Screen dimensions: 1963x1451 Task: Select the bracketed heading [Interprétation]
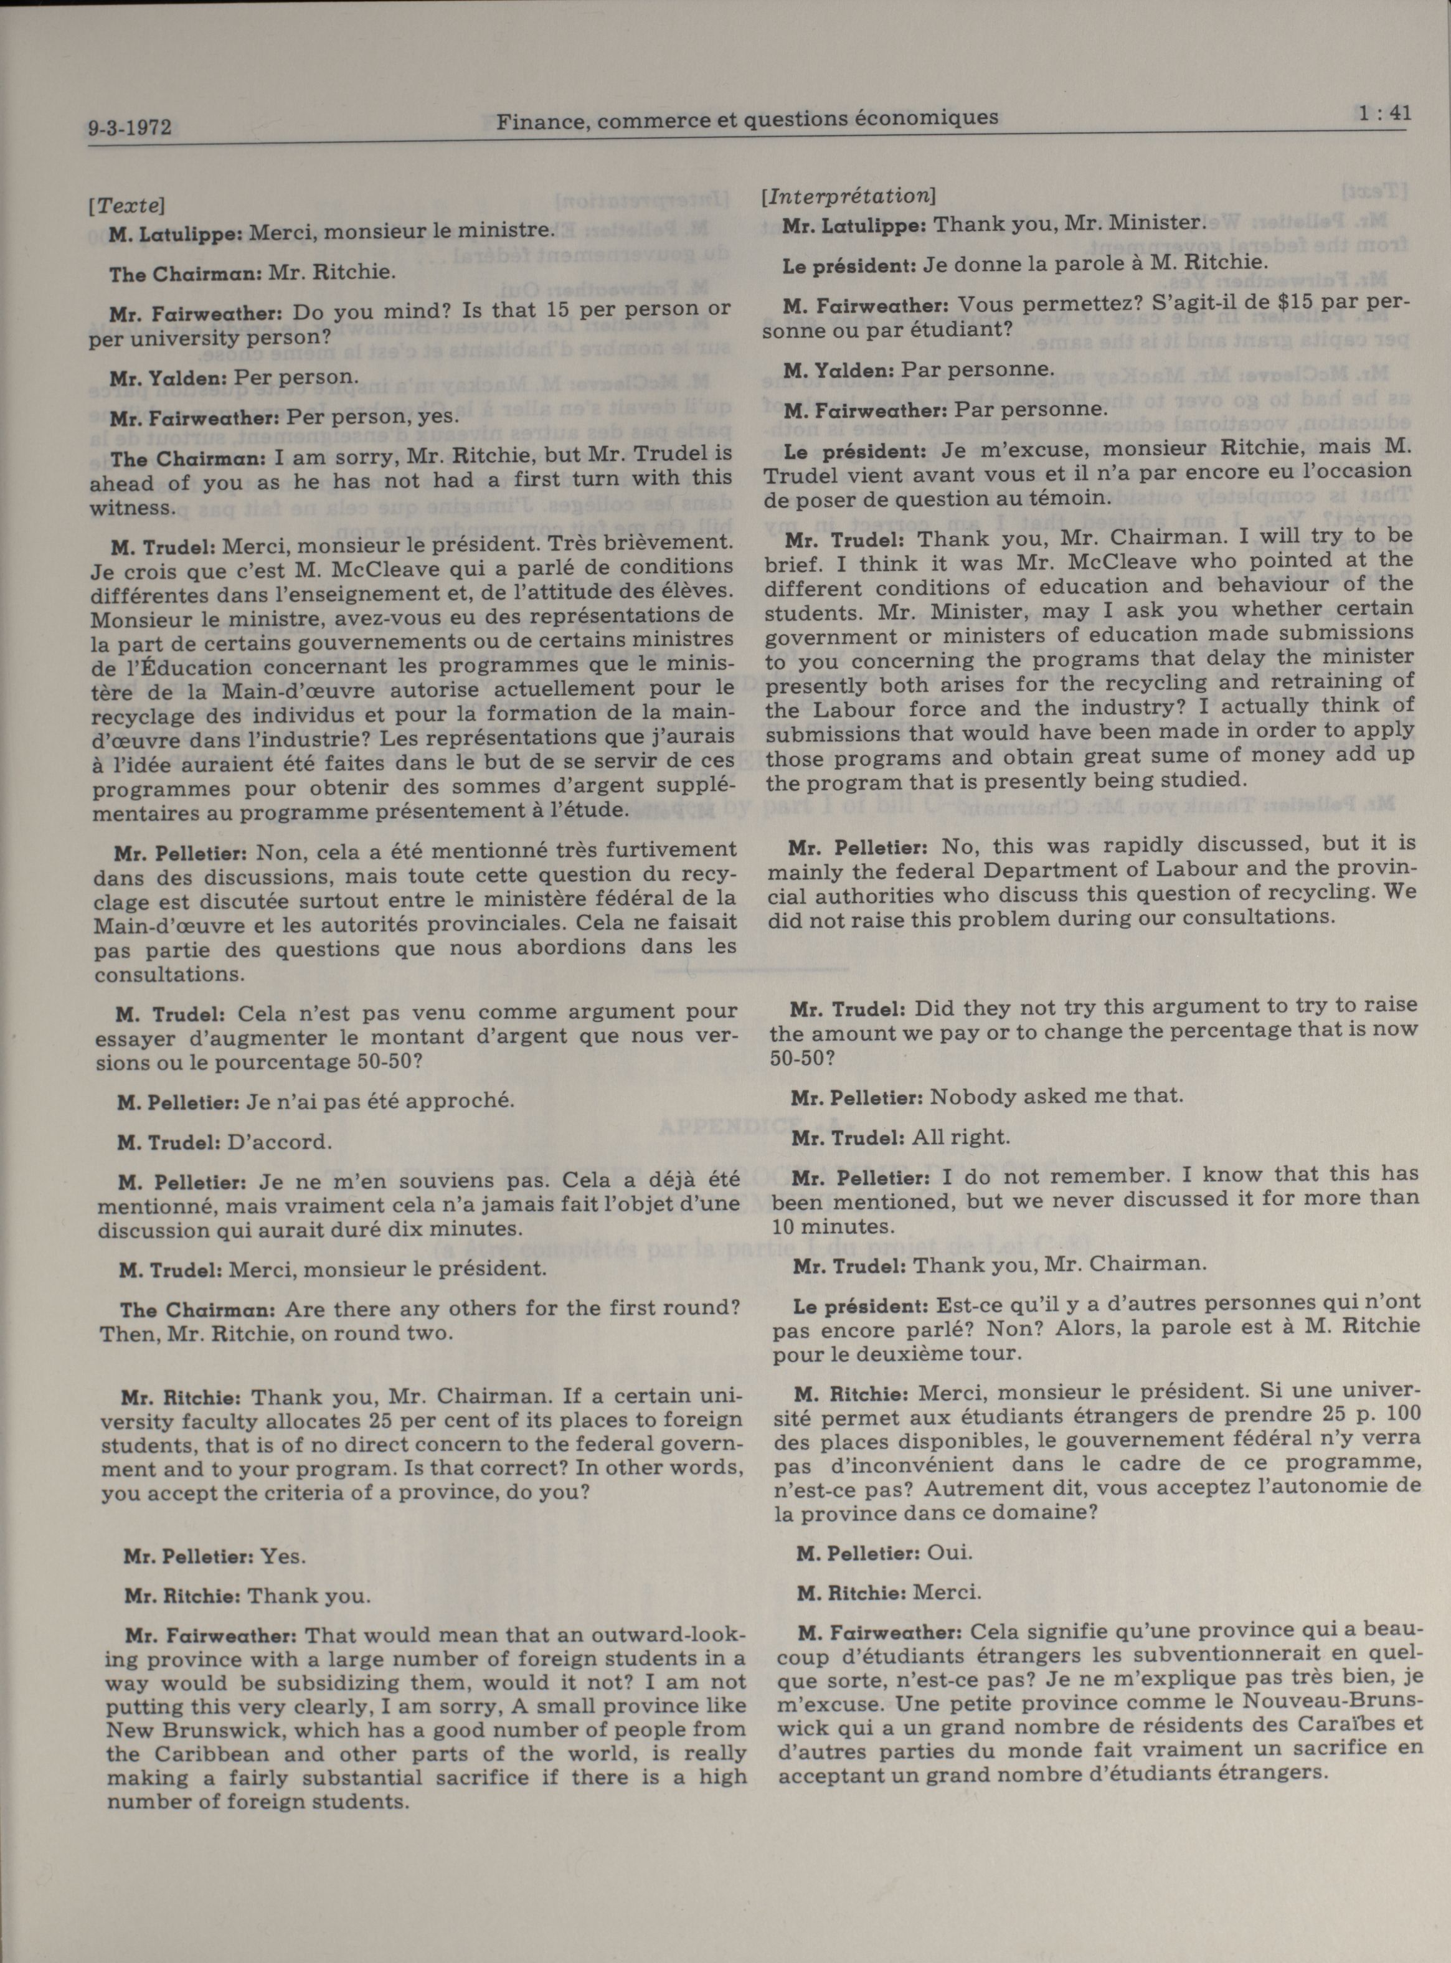[x=848, y=196]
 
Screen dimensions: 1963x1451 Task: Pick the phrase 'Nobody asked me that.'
[x=1057, y=1096]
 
